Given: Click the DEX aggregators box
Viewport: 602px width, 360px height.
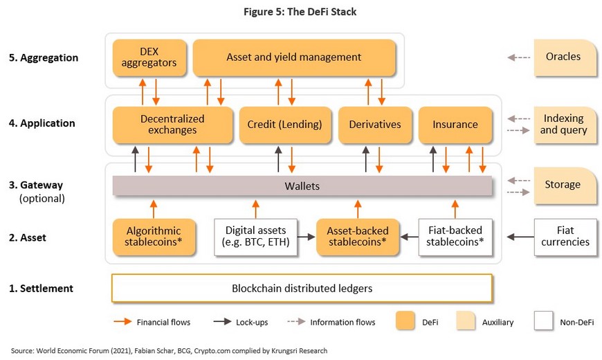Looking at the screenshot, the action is tap(149, 57).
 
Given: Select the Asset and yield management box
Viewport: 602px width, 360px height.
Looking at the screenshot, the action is tap(293, 57).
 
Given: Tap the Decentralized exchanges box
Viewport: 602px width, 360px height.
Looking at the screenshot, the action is tap(172, 125).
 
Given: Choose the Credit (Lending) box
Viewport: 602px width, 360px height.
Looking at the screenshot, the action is tap(285, 125).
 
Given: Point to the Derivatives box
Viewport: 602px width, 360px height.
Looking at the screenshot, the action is tap(375, 125).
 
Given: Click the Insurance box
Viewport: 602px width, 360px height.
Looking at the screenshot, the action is tap(455, 125).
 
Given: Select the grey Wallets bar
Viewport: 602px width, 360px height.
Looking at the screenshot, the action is tap(302, 186).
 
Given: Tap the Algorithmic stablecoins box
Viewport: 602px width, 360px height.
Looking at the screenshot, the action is tap(154, 237).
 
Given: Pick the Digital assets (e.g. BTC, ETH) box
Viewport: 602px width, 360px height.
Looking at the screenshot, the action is tap(256, 237).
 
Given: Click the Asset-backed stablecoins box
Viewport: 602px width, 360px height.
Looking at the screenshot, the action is tap(358, 237).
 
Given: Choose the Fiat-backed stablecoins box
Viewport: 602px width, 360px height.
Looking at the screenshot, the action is tap(455, 237).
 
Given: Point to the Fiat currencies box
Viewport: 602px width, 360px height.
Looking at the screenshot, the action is tap(565, 237).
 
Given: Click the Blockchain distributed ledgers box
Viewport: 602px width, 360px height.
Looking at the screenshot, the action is tap(302, 288).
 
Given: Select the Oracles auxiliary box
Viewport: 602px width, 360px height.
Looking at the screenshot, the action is tap(565, 57).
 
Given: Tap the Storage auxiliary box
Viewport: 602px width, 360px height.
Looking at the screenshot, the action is tap(565, 186).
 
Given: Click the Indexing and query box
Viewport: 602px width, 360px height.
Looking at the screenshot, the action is tap(565, 125).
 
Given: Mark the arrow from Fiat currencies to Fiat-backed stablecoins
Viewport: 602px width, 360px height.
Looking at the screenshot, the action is tap(520, 237).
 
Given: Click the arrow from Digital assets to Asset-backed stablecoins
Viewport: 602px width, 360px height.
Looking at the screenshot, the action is tap(307, 237).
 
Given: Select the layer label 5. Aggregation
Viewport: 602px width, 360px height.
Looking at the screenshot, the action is tap(44, 57).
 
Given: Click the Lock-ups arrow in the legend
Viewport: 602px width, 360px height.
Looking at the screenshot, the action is tap(222, 322).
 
